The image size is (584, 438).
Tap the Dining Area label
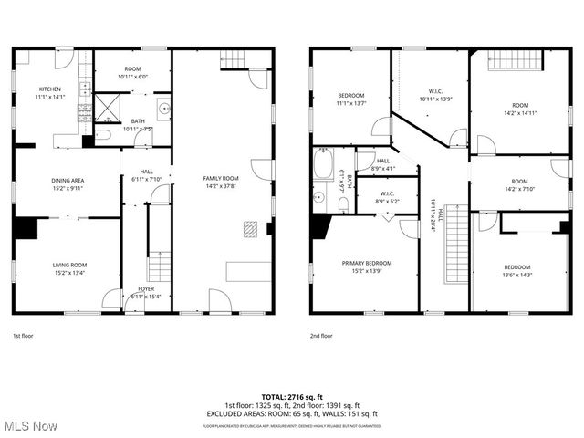[x=68, y=180]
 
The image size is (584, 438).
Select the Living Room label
[x=68, y=265]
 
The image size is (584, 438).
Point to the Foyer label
[x=147, y=289]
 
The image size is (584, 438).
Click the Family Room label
[x=221, y=178]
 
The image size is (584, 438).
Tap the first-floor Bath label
[x=138, y=121]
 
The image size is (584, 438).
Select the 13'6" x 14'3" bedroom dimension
[x=516, y=275]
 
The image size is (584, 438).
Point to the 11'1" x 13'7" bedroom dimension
[x=351, y=104]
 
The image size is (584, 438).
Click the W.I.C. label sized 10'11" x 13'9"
[x=435, y=90]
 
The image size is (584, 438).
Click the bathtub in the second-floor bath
[x=323, y=165]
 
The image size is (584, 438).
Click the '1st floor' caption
[x=24, y=335]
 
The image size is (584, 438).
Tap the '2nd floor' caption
[x=321, y=335]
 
